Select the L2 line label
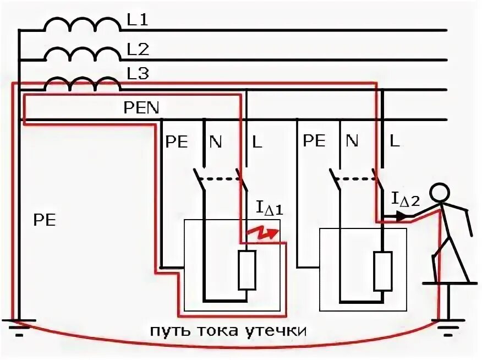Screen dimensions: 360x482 click(x=138, y=50)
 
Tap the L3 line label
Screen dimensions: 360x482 click(x=138, y=73)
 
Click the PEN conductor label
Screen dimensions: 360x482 click(x=141, y=107)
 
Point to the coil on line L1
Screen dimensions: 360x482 click(x=83, y=24)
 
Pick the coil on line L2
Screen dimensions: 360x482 click(x=83, y=54)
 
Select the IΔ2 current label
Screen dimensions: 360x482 click(x=406, y=199)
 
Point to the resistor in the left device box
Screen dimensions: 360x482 click(x=247, y=270)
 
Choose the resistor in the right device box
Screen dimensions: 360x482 click(x=382, y=271)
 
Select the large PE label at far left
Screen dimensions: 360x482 click(x=45, y=221)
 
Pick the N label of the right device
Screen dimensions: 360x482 click(x=352, y=141)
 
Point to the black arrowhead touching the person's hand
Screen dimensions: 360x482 click(x=406, y=218)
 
